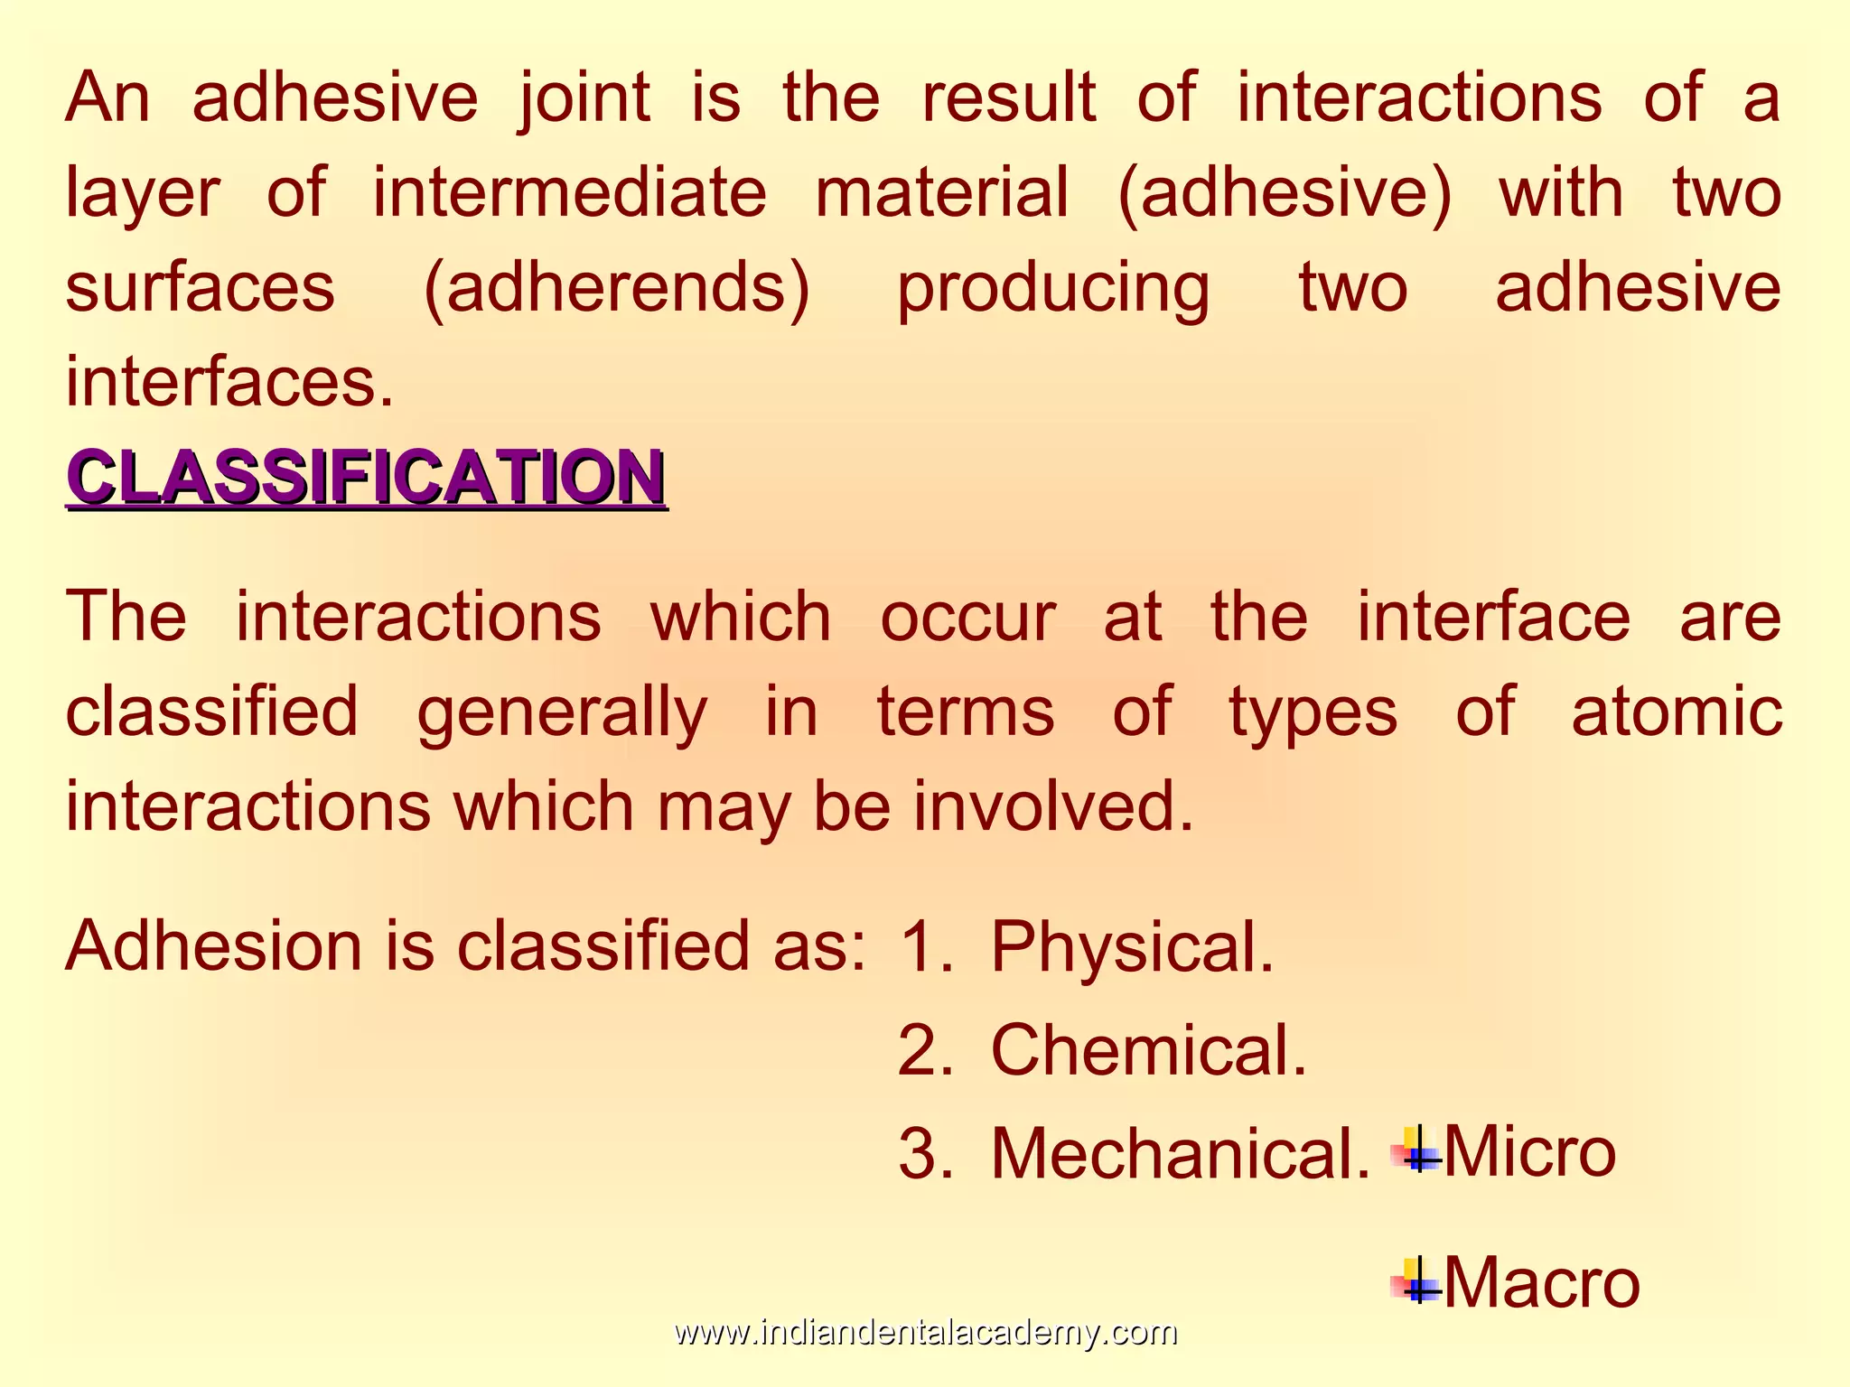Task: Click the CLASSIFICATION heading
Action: pyautogui.click(x=366, y=477)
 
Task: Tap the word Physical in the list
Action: pyautogui.click(x=1132, y=947)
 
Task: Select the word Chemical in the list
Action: pyautogui.click(x=1148, y=1051)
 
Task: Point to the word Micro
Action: pyautogui.click(x=1529, y=1152)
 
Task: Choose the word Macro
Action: pyautogui.click(x=1541, y=1282)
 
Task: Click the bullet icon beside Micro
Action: pyautogui.click(x=1416, y=1150)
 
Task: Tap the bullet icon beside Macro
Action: pyautogui.click(x=1416, y=1280)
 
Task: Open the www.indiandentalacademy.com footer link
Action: pyautogui.click(x=925, y=1333)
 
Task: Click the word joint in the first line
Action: pyautogui.click(x=584, y=98)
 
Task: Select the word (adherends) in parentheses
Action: pyautogui.click(x=617, y=288)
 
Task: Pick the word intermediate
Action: pyautogui.click(x=569, y=192)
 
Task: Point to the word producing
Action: pyautogui.click(x=1052, y=288)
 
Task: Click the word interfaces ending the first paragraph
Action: pyautogui.click(x=229, y=383)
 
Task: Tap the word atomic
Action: pyautogui.click(x=1676, y=712)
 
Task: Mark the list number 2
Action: pyautogui.click(x=924, y=1051)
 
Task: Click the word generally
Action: pyautogui.click(x=562, y=712)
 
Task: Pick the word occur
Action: pyautogui.click(x=967, y=617)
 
